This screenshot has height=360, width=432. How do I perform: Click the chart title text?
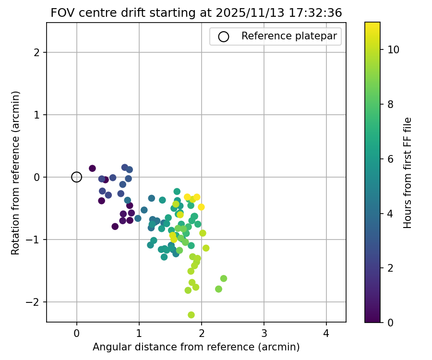pos(196,13)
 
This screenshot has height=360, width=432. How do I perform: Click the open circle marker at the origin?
pos(77,177)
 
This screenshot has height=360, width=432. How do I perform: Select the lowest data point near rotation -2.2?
pos(191,315)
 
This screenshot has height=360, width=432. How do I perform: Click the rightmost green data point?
pos(224,278)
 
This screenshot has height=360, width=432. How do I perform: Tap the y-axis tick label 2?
pos(37,52)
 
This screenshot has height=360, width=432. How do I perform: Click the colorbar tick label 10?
pos(393,49)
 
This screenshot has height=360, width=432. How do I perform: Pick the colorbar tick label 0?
pos(390,322)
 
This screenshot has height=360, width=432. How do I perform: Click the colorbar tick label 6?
pos(390,158)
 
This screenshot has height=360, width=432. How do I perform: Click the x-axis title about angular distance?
pos(196,347)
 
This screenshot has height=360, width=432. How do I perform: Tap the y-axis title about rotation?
pos(16,173)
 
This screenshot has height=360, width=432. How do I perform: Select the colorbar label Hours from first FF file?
pos(408,173)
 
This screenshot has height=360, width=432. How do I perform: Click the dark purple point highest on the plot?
pos(92,168)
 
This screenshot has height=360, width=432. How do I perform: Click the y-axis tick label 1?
pos(37,115)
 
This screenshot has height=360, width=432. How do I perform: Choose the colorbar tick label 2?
pos(390,267)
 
